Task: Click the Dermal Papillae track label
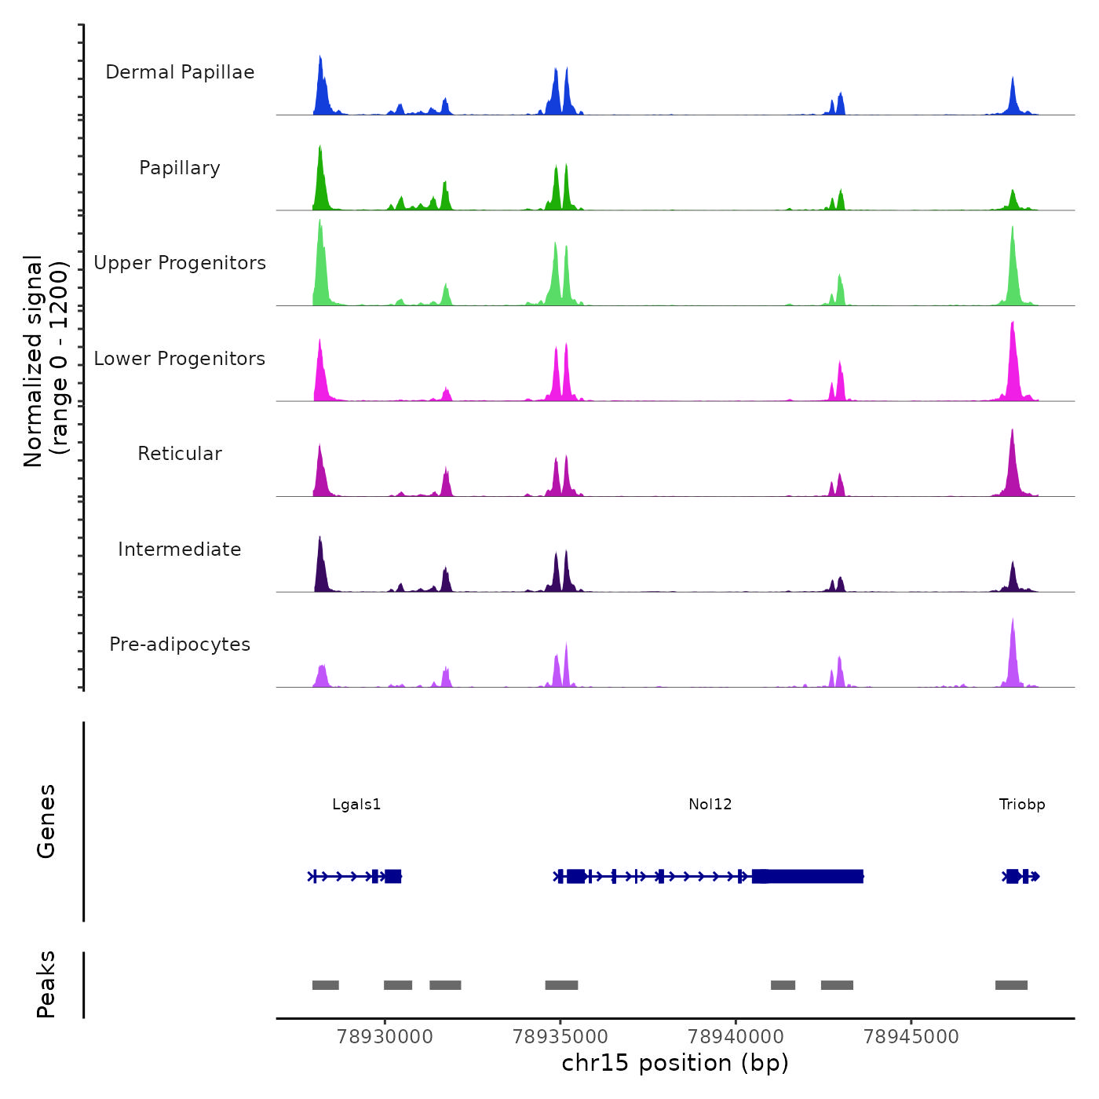tap(180, 72)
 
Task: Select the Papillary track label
tap(180, 168)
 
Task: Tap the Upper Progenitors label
tap(180, 263)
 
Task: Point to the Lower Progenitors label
tap(180, 359)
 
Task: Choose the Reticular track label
tap(180, 454)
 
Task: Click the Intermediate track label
tap(180, 549)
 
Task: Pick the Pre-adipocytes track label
tap(180, 644)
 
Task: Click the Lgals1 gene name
tap(356, 804)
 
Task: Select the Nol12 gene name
tap(710, 804)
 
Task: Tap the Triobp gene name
tap(1022, 804)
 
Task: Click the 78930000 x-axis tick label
tap(385, 1037)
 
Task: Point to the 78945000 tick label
tap(911, 1037)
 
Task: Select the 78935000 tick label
tap(560, 1037)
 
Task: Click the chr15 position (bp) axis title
tap(675, 1063)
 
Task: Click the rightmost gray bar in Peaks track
tap(1011, 985)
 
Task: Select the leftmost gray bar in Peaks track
tap(325, 985)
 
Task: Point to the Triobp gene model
tap(1020, 876)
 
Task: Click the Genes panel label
tap(46, 821)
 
